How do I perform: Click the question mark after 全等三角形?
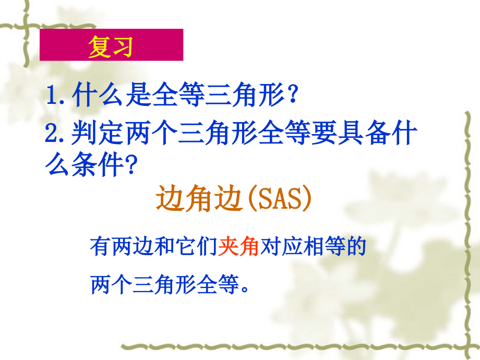tap(293, 96)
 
